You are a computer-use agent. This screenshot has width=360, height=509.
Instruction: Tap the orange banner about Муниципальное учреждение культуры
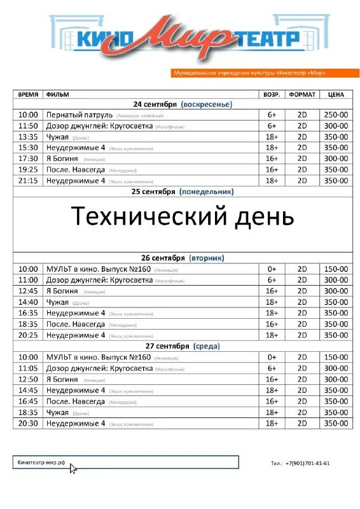[x=250, y=73]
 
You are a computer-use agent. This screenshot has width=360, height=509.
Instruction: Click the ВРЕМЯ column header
[x=28, y=94]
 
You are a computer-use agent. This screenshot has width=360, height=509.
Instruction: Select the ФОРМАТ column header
[x=302, y=94]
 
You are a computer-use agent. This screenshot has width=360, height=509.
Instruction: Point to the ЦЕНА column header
[x=336, y=94]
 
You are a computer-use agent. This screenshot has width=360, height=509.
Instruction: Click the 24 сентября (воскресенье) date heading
[x=183, y=104]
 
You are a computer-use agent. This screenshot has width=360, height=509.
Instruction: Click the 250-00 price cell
[x=336, y=115]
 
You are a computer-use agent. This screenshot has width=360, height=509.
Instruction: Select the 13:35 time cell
[x=28, y=137]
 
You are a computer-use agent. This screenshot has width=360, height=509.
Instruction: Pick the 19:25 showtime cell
[x=28, y=170]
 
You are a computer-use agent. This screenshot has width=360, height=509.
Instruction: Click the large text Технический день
[x=183, y=216]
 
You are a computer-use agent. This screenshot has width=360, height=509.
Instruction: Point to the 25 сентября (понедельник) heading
[x=183, y=191]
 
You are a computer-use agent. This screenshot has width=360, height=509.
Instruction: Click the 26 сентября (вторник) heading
[x=183, y=258]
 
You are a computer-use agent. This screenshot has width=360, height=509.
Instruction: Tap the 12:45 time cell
[x=28, y=291]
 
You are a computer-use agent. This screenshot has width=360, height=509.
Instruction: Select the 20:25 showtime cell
[x=28, y=335]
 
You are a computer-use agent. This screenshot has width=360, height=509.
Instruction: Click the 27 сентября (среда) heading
[x=183, y=346]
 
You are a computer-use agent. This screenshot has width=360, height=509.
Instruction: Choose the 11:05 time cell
[x=28, y=368]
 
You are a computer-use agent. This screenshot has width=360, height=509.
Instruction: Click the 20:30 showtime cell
[x=28, y=423]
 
